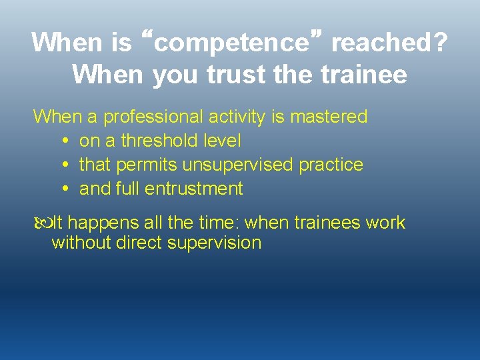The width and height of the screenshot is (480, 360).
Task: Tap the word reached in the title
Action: click(x=380, y=43)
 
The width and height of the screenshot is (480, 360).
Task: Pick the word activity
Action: click(x=237, y=117)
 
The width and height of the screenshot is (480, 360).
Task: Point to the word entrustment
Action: click(x=195, y=189)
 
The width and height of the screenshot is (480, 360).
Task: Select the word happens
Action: click(x=105, y=223)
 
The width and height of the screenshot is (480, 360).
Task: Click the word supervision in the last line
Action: click(x=214, y=243)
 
